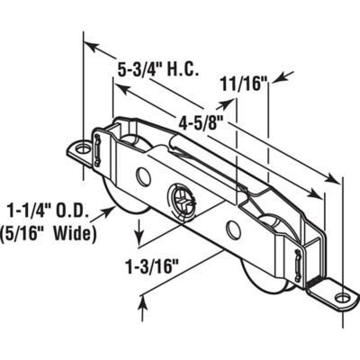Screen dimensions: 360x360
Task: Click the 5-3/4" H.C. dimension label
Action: point(159,68)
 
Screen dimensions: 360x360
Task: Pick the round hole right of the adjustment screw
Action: point(232,232)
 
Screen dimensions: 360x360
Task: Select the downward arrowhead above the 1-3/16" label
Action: point(139,241)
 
